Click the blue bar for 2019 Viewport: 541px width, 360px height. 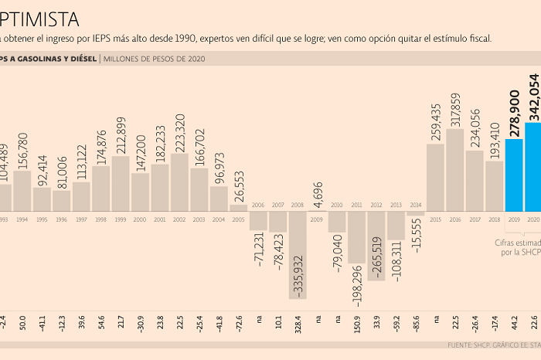[x=514, y=175]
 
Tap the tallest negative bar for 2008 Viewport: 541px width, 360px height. [x=298, y=255]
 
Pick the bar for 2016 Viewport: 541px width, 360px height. [x=455, y=170]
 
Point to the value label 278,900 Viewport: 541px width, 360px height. [x=514, y=113]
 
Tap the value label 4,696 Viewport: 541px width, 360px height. [x=317, y=191]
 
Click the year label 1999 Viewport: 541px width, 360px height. [x=120, y=219]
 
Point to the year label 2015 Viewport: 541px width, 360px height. [x=435, y=219]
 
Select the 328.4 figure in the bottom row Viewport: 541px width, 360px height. [x=298, y=319]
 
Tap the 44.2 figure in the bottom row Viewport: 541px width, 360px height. [x=514, y=319]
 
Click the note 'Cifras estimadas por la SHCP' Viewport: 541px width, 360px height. [x=516, y=247]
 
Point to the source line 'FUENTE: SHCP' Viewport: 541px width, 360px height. [x=468, y=345]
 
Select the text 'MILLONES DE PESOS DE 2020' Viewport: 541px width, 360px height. [x=155, y=58]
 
